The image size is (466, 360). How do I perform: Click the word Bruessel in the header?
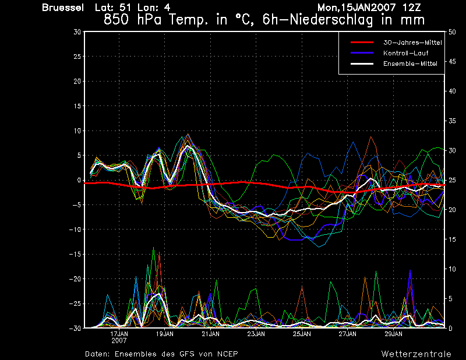63,8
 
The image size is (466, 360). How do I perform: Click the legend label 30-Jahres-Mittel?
412,43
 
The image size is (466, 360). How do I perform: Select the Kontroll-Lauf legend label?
405,53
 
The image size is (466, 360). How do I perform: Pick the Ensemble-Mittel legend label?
410,63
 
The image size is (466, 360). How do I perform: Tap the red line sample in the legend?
362,43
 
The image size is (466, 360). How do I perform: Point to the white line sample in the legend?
362,63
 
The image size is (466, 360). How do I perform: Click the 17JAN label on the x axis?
119,334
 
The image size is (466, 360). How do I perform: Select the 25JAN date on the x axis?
302,334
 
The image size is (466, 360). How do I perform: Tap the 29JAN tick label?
394,334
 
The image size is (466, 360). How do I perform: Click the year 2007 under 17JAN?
119,341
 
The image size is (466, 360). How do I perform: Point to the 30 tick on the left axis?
77,32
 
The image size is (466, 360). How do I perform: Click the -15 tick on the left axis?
75,254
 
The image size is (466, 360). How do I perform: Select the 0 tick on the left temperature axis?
79,180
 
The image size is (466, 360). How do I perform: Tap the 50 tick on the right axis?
452,32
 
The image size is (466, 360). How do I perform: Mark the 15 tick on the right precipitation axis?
452,239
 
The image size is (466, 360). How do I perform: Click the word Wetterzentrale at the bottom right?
416,354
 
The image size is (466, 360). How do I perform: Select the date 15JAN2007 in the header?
366,8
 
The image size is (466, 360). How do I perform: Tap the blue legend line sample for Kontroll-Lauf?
362,53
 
